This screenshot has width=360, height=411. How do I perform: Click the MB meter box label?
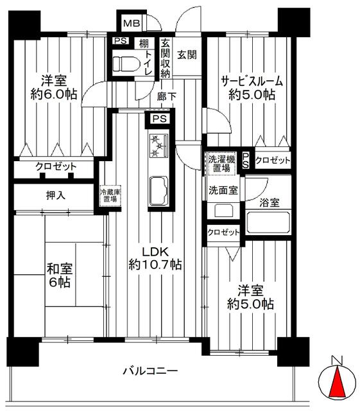[132, 24]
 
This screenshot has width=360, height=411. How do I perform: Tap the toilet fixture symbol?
[125, 64]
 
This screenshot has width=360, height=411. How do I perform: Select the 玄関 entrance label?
[187, 55]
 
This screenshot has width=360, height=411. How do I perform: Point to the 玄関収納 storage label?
[166, 58]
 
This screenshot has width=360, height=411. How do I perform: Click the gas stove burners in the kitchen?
[159, 145]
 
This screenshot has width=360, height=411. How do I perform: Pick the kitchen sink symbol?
[159, 190]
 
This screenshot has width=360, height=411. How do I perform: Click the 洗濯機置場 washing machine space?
[221, 164]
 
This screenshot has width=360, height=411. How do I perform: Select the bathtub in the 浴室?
[269, 223]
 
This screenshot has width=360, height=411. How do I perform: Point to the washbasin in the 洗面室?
[223, 210]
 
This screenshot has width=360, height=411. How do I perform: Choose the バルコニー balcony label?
[151, 371]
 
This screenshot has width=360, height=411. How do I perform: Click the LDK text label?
[155, 252]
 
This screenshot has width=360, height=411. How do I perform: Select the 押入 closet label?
[56, 195]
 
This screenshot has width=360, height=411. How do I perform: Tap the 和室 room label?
[60, 269]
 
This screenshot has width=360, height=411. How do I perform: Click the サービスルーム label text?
[252, 81]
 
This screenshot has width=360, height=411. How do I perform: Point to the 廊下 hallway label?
[167, 97]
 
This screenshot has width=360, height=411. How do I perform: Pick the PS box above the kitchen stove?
[160, 119]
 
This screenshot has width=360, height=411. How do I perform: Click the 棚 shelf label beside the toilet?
[144, 43]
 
